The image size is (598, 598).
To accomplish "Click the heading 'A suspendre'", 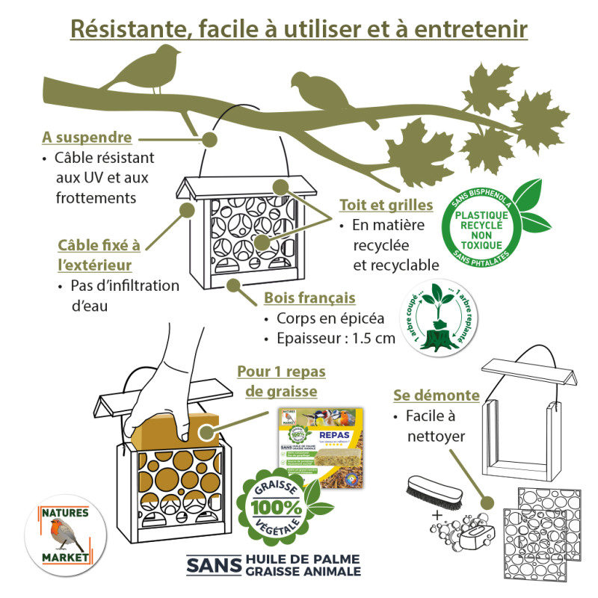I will click(x=87, y=138).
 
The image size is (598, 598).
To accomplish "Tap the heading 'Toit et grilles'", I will click(x=386, y=204).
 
